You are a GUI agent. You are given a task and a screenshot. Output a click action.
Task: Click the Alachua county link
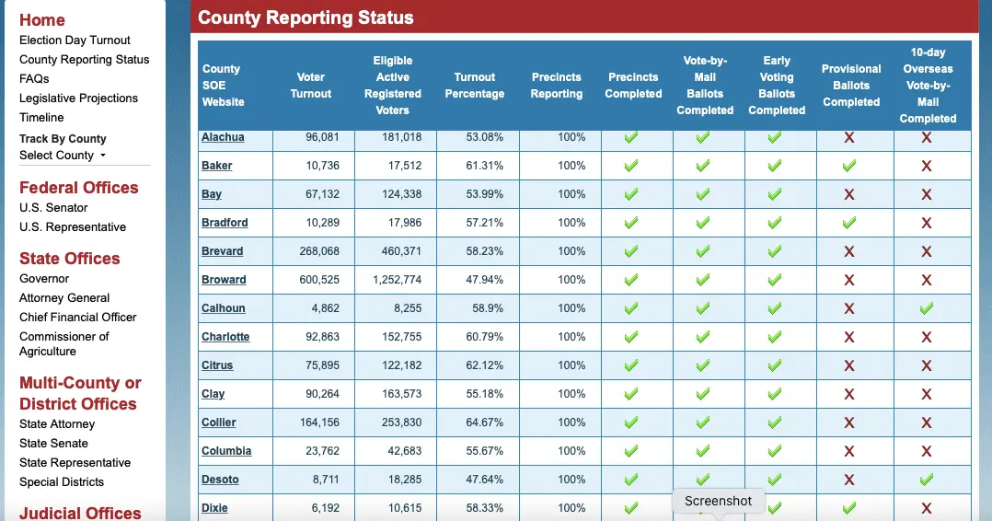223,137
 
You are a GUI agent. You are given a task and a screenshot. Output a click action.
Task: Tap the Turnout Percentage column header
475,86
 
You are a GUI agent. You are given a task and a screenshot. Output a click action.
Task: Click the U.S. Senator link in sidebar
53,208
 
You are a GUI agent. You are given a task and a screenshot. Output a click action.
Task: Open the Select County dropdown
63,156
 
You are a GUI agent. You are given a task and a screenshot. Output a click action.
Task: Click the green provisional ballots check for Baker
849,166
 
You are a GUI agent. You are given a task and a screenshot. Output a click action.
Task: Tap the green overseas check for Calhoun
927,308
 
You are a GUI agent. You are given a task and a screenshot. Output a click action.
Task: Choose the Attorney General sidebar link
64,298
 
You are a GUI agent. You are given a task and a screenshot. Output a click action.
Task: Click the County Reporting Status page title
306,17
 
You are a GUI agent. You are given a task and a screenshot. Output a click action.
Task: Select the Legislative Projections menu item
78,98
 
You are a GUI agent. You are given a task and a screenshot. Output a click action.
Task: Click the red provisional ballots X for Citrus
849,365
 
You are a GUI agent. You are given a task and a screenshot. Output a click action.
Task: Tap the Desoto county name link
220,480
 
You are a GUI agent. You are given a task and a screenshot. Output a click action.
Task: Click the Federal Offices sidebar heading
78,188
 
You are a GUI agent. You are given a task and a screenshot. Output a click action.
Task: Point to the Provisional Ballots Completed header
851,86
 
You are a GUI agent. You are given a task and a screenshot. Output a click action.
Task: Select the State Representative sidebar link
75,463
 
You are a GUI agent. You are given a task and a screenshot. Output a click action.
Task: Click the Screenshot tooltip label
718,501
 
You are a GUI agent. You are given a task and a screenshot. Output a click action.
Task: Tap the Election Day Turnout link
75,41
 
